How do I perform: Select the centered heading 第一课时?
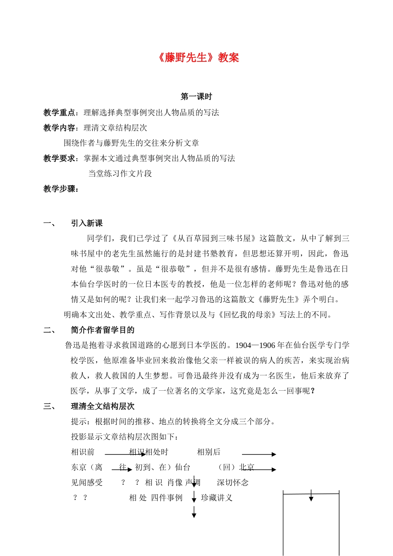(196, 97)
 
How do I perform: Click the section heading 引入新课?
(87, 223)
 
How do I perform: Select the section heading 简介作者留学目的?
(103, 330)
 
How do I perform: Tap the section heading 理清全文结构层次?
(103, 406)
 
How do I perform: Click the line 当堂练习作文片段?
(120, 174)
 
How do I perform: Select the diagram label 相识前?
(83, 452)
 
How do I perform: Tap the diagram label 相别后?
(208, 452)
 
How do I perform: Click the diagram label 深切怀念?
(232, 483)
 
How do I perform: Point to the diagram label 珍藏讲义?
(217, 498)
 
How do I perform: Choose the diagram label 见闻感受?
(87, 483)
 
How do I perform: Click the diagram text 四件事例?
(167, 498)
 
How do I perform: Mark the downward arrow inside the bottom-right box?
(311, 496)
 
